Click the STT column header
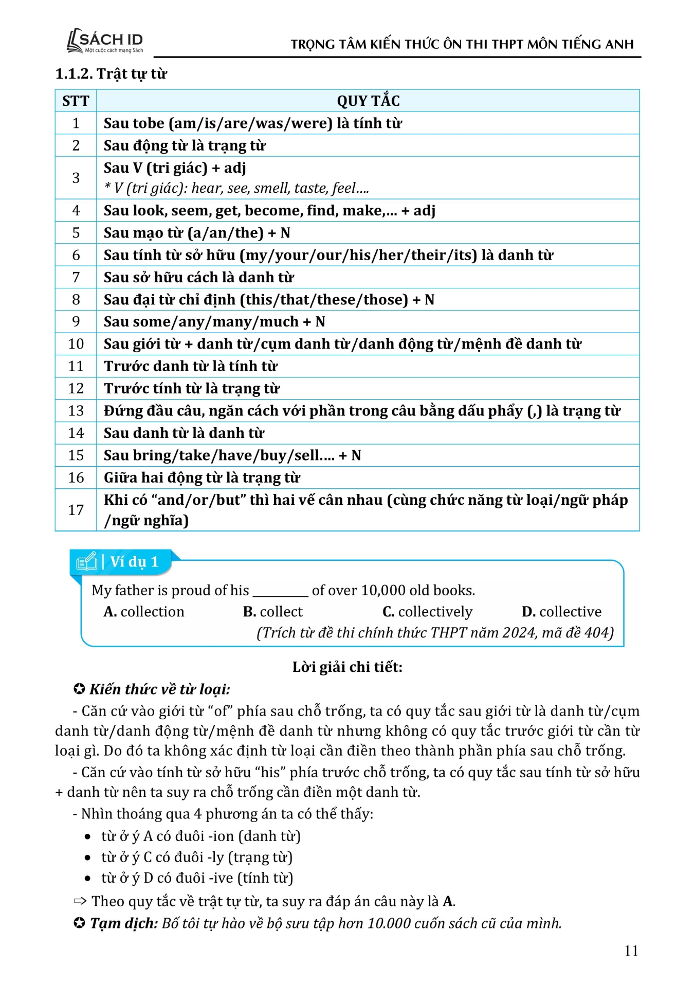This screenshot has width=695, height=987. pos(76,101)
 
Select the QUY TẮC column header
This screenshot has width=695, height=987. pos(368,101)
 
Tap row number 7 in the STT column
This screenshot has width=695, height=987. pos(76,278)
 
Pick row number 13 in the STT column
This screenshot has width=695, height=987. pos(76,411)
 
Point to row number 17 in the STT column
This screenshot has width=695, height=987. pos(76,510)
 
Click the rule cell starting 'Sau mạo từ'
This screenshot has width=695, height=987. pos(197,233)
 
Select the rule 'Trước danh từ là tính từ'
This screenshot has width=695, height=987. pos(191,366)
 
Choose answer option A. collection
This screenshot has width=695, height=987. pos(144,612)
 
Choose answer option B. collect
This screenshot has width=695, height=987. pos(273,612)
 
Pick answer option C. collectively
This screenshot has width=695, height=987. pos(427,612)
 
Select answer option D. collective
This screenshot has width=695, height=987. pos(561,612)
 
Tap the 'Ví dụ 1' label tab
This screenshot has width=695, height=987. pos(123,562)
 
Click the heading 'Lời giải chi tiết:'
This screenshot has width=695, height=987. pos(348,667)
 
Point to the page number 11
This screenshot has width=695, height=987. pos(631,951)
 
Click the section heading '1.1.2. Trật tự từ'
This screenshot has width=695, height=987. pos(111,74)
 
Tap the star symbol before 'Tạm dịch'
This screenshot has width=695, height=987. pos(79,924)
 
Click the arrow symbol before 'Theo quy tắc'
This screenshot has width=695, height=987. pos(80,901)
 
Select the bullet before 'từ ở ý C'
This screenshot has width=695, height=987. pos(88,858)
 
